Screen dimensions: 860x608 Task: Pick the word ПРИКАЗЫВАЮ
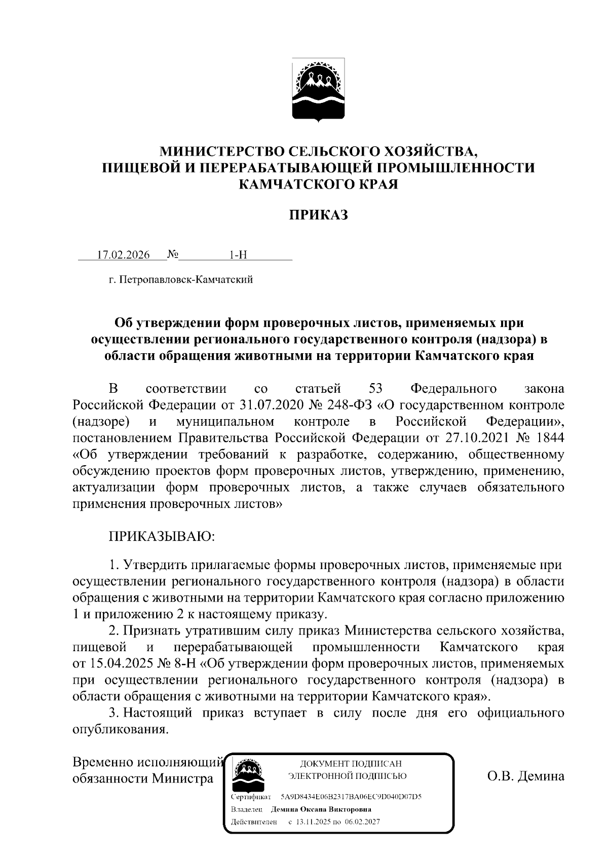point(162,536)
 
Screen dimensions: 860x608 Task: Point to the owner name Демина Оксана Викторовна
point(321,809)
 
